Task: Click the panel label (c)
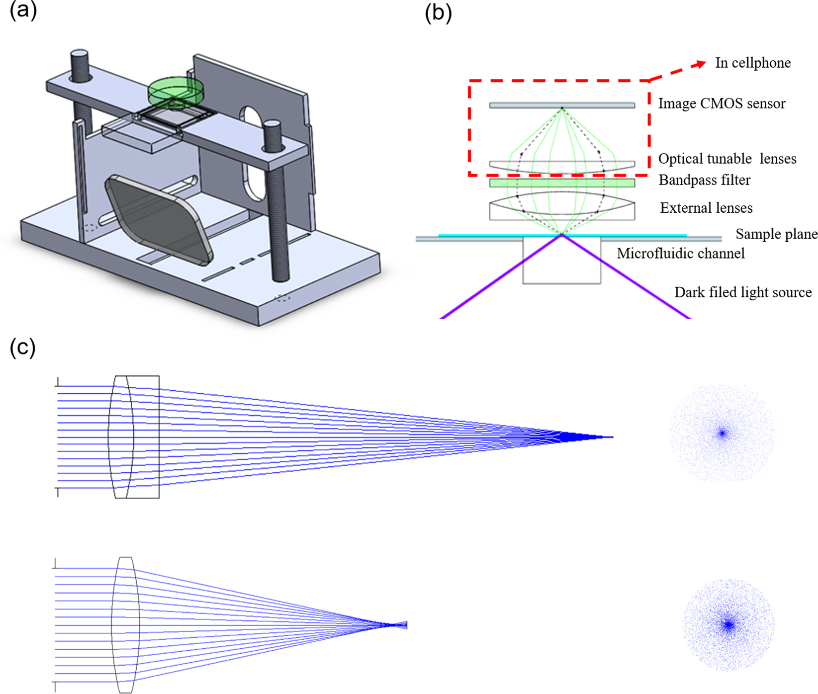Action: [x=23, y=347]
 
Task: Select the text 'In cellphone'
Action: [x=752, y=63]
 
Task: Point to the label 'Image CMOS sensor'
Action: [x=722, y=104]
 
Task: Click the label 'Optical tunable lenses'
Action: [x=727, y=159]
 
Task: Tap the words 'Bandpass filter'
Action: [x=704, y=180]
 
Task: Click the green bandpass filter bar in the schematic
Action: [x=562, y=183]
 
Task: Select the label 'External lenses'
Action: [x=706, y=208]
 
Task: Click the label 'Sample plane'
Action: [x=776, y=234]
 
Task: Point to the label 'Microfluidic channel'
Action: [x=680, y=254]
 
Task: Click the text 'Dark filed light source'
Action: [x=742, y=292]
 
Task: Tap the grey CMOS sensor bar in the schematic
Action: [x=562, y=105]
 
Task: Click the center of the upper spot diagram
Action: [x=722, y=434]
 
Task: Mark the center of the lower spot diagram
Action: [x=729, y=624]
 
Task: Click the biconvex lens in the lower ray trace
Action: [x=125, y=625]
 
